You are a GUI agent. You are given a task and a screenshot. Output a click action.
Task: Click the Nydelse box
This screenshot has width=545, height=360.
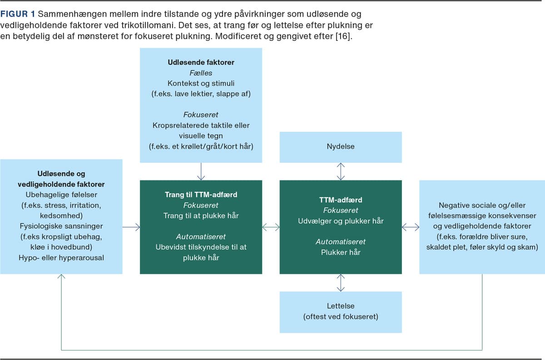coord(341,147)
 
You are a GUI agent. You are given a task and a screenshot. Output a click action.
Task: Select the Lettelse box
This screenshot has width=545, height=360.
coord(341,311)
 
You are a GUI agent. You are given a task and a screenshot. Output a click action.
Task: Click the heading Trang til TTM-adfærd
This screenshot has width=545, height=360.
coord(201,195)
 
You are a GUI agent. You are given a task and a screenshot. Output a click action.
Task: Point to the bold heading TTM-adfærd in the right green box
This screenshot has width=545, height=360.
coord(341,200)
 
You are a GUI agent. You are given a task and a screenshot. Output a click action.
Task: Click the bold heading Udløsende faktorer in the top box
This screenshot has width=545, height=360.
coord(201,62)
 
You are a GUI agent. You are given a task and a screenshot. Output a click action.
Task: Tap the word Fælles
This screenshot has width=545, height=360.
coord(201,73)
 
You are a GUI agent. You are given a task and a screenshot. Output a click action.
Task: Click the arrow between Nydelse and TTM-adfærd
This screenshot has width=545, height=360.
coord(341,171)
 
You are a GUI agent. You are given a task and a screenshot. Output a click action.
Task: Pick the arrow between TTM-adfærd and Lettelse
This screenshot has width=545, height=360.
coord(341,282)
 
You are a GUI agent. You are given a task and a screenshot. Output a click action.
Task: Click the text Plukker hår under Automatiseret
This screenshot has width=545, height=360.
coord(341,252)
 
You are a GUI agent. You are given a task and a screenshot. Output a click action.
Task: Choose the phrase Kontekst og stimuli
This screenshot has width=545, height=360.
coord(201,84)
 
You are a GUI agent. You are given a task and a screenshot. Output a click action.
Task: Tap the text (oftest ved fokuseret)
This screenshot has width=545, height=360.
coord(341,316)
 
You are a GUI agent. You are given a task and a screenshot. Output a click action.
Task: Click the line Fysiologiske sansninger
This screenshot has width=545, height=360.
coord(61,226)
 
